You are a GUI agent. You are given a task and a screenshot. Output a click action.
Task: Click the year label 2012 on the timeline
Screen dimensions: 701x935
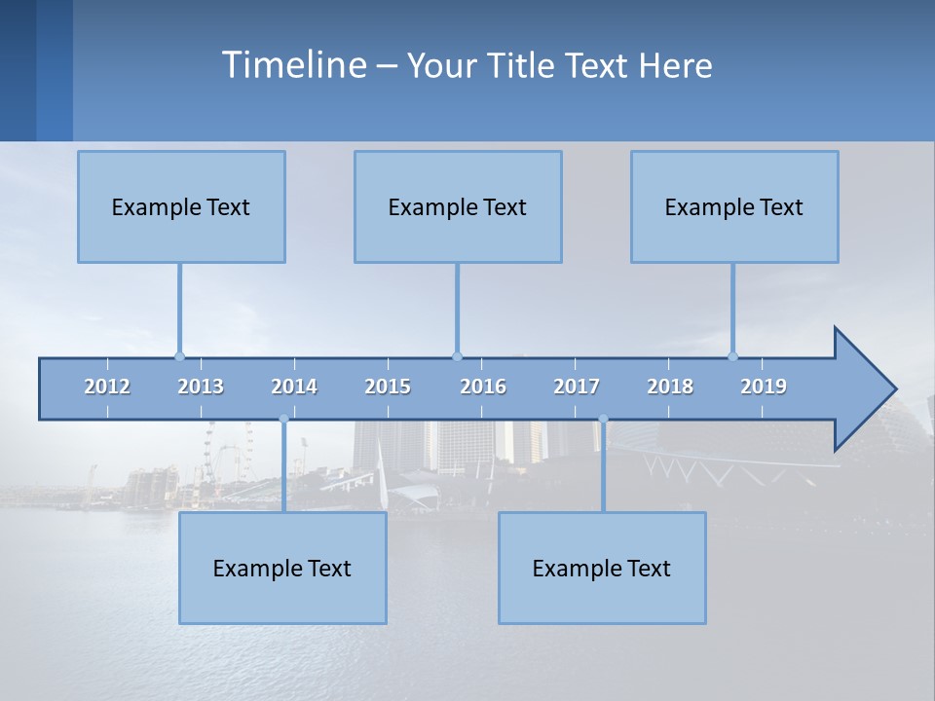tap(107, 387)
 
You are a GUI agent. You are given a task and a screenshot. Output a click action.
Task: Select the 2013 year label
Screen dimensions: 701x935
tap(201, 387)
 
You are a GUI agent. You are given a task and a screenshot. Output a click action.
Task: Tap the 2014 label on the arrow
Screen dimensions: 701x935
tap(294, 387)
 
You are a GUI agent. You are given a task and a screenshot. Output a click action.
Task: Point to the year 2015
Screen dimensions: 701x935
tap(388, 387)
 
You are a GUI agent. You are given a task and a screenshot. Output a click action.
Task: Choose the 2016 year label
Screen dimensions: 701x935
tap(483, 387)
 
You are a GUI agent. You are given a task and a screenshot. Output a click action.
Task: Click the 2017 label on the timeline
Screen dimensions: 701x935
tap(577, 387)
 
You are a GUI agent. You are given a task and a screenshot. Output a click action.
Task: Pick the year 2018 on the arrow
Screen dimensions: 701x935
tap(670, 387)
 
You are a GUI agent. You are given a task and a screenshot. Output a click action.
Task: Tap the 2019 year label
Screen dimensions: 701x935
tap(764, 387)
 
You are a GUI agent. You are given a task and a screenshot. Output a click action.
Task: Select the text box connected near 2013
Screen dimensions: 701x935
tap(181, 206)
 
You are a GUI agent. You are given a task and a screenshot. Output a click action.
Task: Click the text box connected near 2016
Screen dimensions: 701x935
tap(458, 206)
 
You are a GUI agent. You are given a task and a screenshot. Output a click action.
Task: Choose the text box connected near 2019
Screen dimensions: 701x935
tap(734, 206)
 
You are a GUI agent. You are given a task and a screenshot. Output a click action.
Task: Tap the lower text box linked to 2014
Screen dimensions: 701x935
tap(282, 568)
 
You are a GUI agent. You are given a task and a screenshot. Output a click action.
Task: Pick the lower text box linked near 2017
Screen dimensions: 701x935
tap(602, 568)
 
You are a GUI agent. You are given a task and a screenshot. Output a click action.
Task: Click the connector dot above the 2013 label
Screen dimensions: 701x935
tap(179, 356)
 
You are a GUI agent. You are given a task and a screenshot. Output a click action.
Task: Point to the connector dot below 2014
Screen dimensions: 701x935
tap(283, 420)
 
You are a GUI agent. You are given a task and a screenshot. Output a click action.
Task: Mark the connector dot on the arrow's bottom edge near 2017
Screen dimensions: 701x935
tap(603, 420)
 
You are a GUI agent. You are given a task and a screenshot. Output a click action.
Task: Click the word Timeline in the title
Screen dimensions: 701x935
tap(293, 65)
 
